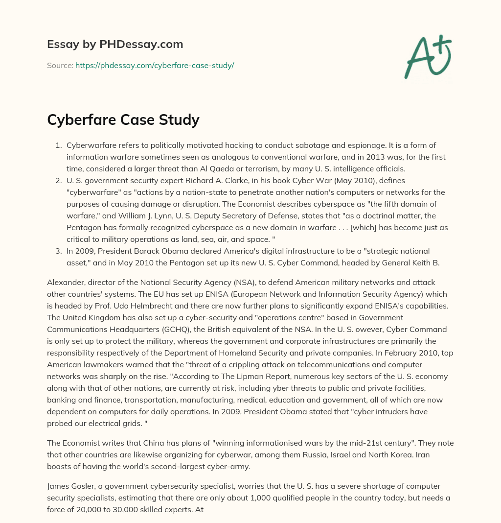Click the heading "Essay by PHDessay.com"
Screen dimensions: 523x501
(115, 45)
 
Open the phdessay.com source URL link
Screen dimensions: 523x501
(155, 65)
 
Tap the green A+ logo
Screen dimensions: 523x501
(427, 56)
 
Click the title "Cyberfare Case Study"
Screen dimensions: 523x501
(123, 119)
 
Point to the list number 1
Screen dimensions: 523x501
(58, 145)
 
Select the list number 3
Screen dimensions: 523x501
(58, 251)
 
